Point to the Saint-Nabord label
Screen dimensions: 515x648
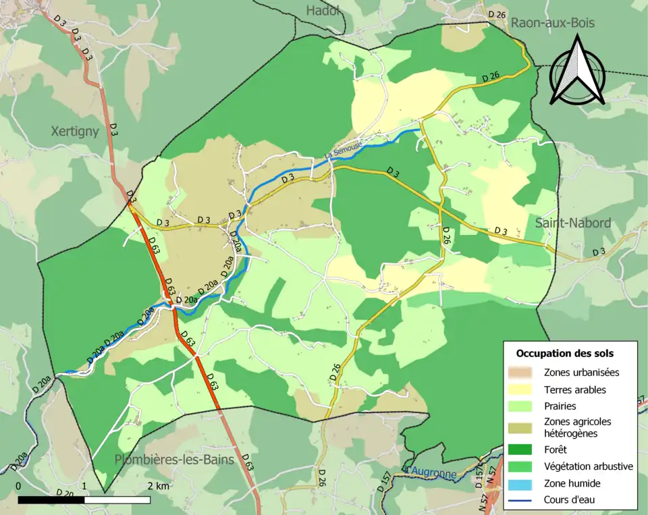[572, 223]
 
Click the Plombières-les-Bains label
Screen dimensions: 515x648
[174, 460]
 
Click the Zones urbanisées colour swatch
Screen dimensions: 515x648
[524, 372]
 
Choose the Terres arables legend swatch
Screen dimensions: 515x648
[524, 389]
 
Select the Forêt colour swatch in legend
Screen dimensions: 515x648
[524, 450]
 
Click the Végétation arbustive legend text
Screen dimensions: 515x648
[588, 466]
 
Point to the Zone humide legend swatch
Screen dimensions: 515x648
[524, 483]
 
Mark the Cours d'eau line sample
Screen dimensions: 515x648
[524, 500]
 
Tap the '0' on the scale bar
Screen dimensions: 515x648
[18, 486]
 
